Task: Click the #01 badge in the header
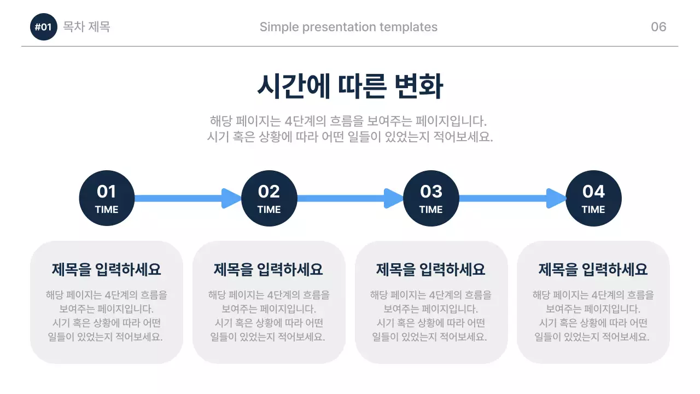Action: click(x=43, y=27)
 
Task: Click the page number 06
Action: click(x=658, y=27)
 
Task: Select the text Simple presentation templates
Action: click(x=348, y=27)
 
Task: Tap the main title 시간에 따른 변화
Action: click(x=350, y=86)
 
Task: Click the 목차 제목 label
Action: click(x=86, y=27)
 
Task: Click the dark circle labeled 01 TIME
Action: click(x=107, y=198)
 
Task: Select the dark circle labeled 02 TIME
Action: click(x=269, y=198)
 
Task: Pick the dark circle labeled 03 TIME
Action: click(x=431, y=198)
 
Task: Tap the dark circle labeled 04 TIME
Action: click(x=593, y=198)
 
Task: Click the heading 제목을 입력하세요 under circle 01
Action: click(x=107, y=269)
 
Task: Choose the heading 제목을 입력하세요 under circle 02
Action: click(x=269, y=269)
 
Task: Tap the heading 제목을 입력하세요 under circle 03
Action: click(x=431, y=269)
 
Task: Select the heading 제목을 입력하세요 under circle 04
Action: click(x=593, y=269)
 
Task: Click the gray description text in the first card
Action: click(x=107, y=316)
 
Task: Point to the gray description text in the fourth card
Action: click(x=593, y=316)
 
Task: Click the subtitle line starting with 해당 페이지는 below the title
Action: click(x=348, y=120)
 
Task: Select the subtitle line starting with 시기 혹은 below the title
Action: click(x=350, y=137)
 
